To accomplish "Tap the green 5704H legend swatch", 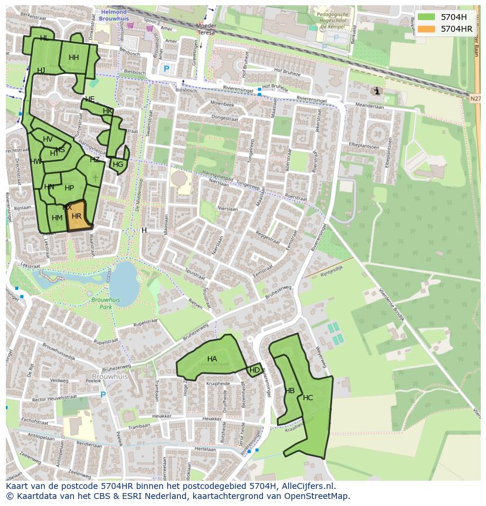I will coord(427,17).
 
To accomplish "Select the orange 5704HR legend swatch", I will coord(427,29).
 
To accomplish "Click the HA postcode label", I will coord(212,358).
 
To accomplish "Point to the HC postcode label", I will coord(308,398).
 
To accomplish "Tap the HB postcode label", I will coord(290,391).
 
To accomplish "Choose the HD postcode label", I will coord(255,370).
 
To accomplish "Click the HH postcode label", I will coord(73,58).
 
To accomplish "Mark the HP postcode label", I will coord(69,188).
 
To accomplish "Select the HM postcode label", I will coord(57,218).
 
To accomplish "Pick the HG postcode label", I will coord(118,165).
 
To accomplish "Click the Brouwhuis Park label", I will coord(106,303).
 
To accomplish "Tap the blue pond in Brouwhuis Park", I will coord(125,280).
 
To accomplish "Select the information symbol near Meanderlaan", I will coord(376,91).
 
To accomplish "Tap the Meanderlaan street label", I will coord(369,106).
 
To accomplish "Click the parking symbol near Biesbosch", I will coord(166,69).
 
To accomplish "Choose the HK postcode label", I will coord(107,111).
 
